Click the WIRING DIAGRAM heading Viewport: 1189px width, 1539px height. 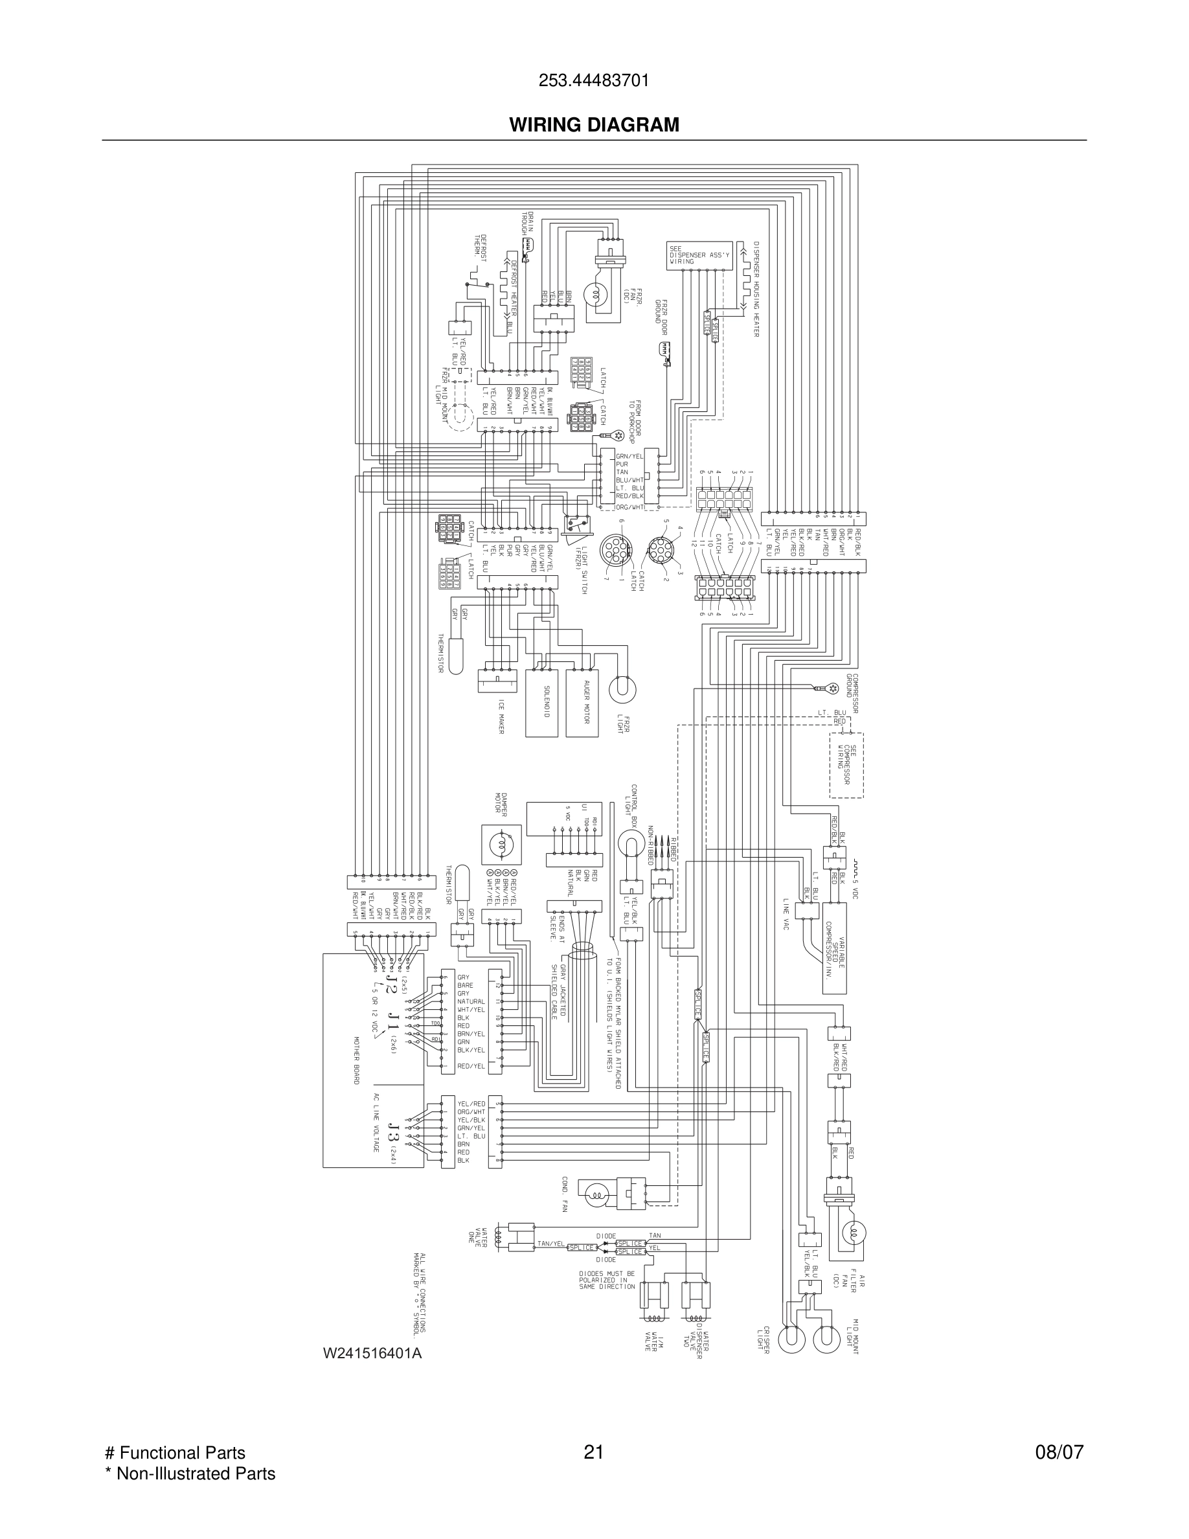coord(594,125)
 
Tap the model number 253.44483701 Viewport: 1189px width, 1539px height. coord(594,81)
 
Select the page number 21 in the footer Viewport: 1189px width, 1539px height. coord(594,1452)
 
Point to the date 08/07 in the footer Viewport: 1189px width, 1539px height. coord(1059,1452)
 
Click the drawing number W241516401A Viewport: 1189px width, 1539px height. coord(372,1353)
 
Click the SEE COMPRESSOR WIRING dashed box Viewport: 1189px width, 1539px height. coord(846,765)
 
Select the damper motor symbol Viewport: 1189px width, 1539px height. coord(501,845)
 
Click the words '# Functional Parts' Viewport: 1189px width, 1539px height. coord(175,1452)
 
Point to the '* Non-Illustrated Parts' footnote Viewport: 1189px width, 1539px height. coord(190,1474)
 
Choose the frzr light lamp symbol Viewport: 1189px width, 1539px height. coord(622,687)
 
